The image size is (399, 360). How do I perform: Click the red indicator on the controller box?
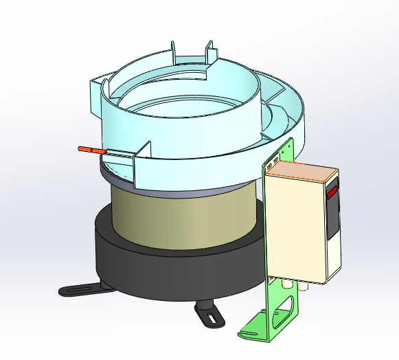[x=333, y=192]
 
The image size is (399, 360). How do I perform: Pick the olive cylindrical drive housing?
[x=185, y=220]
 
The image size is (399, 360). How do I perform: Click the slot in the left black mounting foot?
[x=77, y=290]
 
